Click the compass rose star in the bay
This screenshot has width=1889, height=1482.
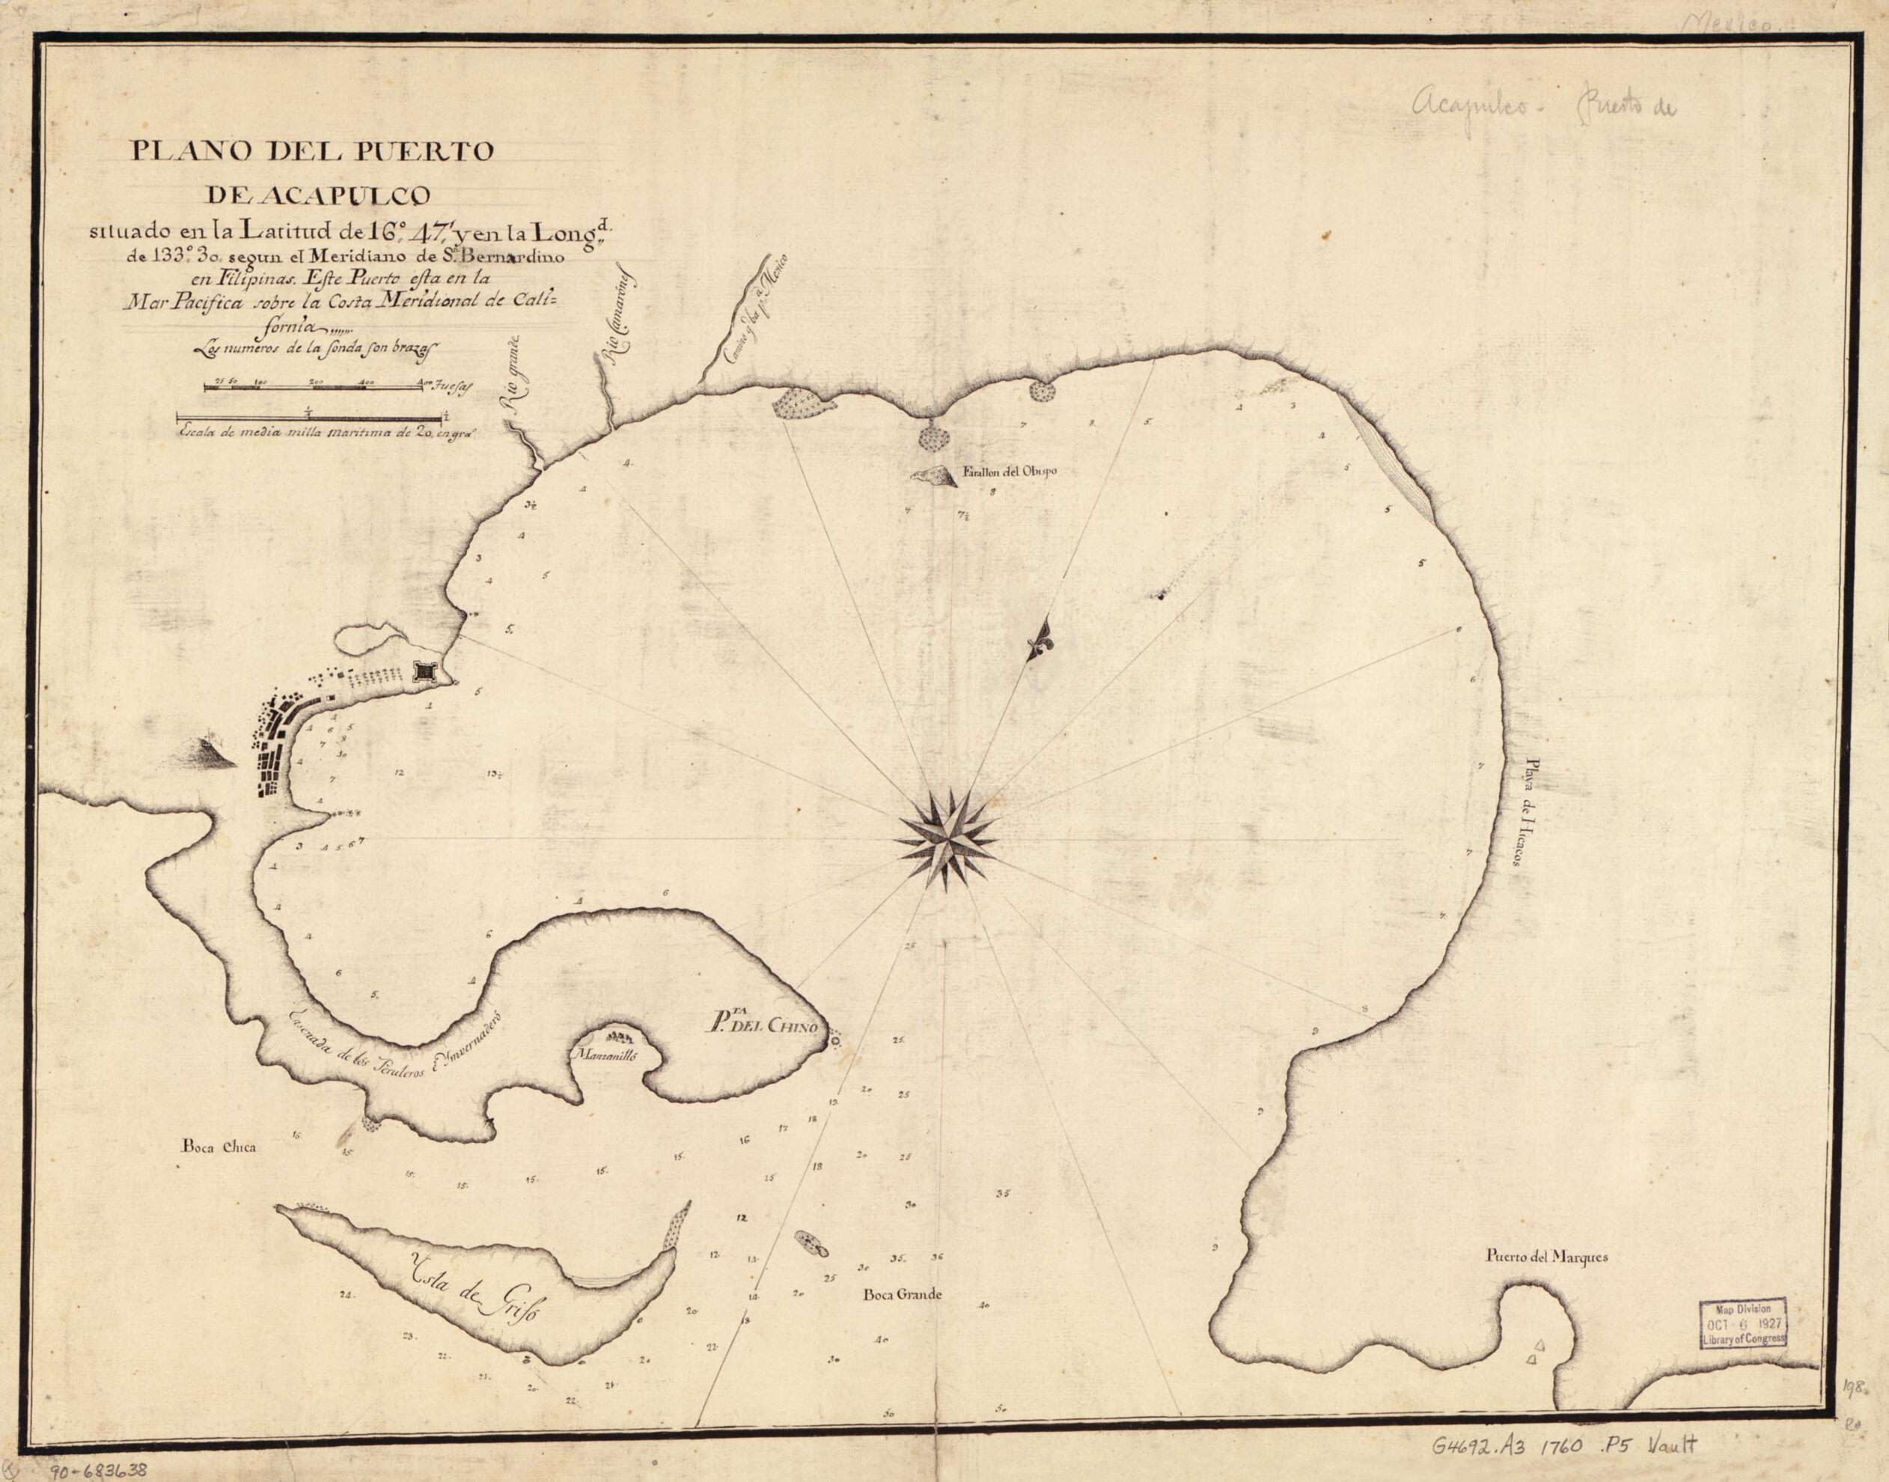tap(946, 838)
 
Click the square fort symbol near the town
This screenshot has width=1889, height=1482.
tap(425, 671)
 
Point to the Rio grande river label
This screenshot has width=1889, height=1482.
tap(511, 382)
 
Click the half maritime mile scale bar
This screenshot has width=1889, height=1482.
tap(311, 418)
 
